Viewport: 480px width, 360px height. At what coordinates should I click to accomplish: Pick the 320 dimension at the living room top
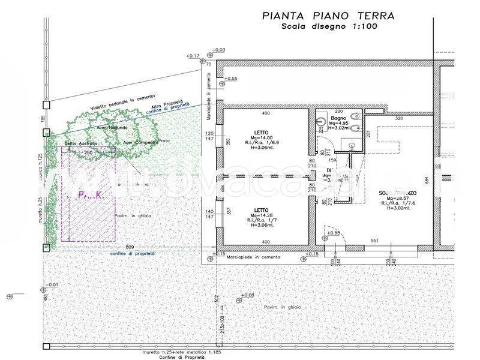399,119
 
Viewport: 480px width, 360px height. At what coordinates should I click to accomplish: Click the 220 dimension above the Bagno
338,112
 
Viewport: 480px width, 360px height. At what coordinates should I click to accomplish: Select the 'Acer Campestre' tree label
140,143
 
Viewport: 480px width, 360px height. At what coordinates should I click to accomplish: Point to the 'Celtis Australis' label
80,144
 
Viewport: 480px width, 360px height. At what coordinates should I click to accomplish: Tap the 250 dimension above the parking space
88,153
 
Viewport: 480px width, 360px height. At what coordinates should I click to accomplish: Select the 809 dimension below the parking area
130,247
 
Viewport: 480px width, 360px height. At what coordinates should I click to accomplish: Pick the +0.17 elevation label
193,56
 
